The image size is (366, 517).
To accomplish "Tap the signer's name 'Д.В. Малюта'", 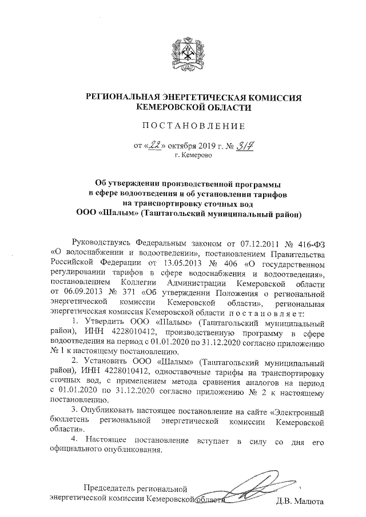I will pos(301,502).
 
